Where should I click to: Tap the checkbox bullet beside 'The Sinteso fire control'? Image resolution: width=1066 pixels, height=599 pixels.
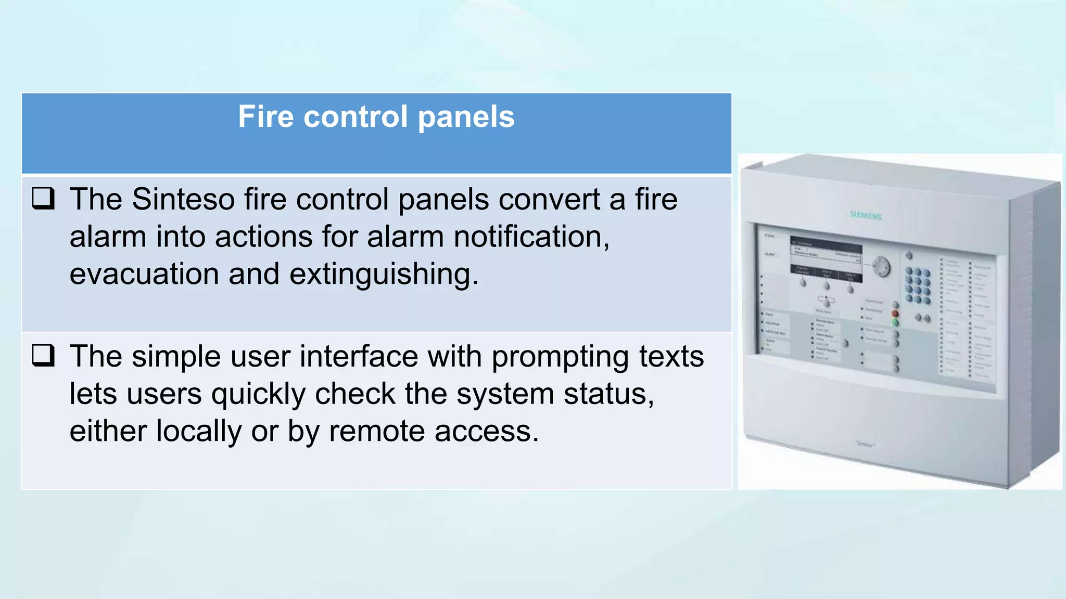coord(43,199)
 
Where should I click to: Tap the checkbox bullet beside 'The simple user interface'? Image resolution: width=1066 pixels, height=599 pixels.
coord(43,356)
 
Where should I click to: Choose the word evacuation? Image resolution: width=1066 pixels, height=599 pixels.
coord(144,274)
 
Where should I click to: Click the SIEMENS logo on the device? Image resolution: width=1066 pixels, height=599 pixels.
coord(866,215)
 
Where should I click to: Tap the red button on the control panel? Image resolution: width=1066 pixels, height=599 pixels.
coord(895,314)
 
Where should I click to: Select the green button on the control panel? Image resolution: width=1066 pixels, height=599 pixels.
coord(895,323)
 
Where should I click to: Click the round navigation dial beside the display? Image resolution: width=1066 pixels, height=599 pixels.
coord(881,267)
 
